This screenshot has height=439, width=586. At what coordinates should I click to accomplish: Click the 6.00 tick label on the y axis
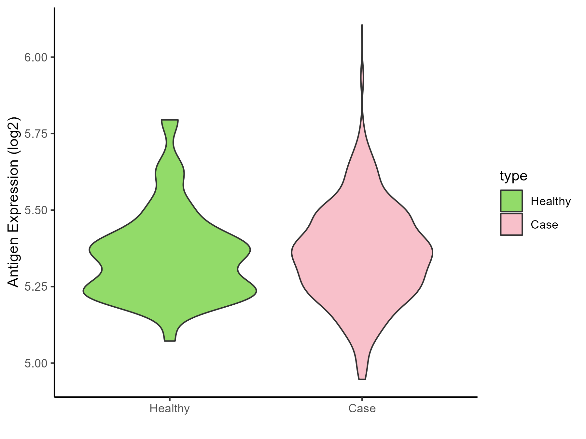35,58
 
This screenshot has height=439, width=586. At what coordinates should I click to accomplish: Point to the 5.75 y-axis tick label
35,134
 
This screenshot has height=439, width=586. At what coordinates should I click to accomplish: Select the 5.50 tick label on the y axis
35,210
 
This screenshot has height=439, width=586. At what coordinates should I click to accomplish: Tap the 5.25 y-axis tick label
35,287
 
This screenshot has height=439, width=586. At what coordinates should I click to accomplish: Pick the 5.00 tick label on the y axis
35,363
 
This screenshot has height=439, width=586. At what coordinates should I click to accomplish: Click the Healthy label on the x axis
170,408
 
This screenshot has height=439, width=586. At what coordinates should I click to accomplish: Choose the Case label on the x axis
362,408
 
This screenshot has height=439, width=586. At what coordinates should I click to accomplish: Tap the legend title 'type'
513,176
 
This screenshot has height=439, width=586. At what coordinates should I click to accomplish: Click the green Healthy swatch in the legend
511,201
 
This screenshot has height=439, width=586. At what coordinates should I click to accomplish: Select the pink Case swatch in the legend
511,224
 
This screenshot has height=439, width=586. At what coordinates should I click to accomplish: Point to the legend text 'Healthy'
551,201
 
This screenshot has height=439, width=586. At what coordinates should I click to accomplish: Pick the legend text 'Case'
544,225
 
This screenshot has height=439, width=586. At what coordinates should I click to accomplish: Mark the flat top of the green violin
170,120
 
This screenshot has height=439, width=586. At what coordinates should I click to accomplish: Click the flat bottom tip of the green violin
170,341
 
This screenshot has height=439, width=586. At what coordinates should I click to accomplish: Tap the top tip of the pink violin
362,25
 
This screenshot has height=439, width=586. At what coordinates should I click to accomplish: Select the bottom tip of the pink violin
362,379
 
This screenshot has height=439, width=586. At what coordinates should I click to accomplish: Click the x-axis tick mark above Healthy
170,399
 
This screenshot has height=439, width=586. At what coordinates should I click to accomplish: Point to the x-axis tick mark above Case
362,399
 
